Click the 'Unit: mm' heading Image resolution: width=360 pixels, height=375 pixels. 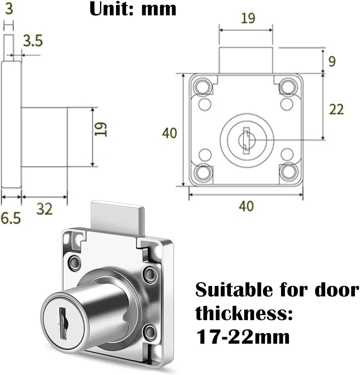pyautogui.click(x=133, y=9)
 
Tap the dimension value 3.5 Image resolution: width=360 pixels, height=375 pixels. pyautogui.click(x=33, y=41)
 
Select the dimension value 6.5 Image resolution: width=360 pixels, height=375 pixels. pyautogui.click(x=10, y=218)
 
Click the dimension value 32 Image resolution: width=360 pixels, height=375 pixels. pyautogui.click(x=44, y=209)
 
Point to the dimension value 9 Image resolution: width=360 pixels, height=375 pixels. pyautogui.click(x=332, y=61)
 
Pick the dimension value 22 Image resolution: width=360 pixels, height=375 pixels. pyautogui.click(x=336, y=110)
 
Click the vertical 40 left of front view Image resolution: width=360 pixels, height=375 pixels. pyautogui.click(x=170, y=133)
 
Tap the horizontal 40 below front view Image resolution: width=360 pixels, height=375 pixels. pyautogui.click(x=246, y=206)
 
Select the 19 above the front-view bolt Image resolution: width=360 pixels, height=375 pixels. pyautogui.click(x=248, y=18)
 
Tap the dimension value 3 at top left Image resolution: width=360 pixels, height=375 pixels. pyautogui.click(x=9, y=9)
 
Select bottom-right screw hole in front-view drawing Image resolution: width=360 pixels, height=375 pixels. pyautogui.click(x=289, y=172)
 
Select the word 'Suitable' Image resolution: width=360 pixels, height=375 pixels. pyautogui.click(x=229, y=291)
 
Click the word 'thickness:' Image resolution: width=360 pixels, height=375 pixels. pyautogui.click(x=244, y=314)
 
